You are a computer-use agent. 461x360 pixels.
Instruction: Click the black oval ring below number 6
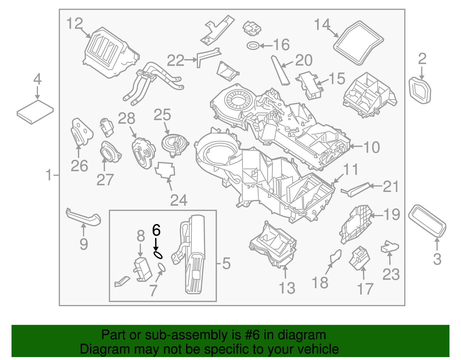[x=158, y=255]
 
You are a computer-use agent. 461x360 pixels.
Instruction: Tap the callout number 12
[x=75, y=24]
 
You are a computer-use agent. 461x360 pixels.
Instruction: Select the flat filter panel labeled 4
[x=35, y=112]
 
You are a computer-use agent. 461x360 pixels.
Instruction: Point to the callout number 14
[x=322, y=25]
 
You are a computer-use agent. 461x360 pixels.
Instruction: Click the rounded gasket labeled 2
[x=420, y=90]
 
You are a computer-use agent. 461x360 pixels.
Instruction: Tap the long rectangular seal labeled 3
[x=427, y=221]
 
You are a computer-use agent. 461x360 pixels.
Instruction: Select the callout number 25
[x=162, y=115]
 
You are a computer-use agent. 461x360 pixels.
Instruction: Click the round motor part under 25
[x=175, y=144]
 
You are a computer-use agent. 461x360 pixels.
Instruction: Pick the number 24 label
[x=179, y=200]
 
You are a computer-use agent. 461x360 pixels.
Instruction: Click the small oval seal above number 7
[x=162, y=267]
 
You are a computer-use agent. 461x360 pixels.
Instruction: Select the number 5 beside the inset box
[x=226, y=263]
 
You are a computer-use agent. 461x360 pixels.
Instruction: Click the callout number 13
[x=287, y=288]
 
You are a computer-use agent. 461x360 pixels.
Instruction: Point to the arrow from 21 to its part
[x=375, y=186]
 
